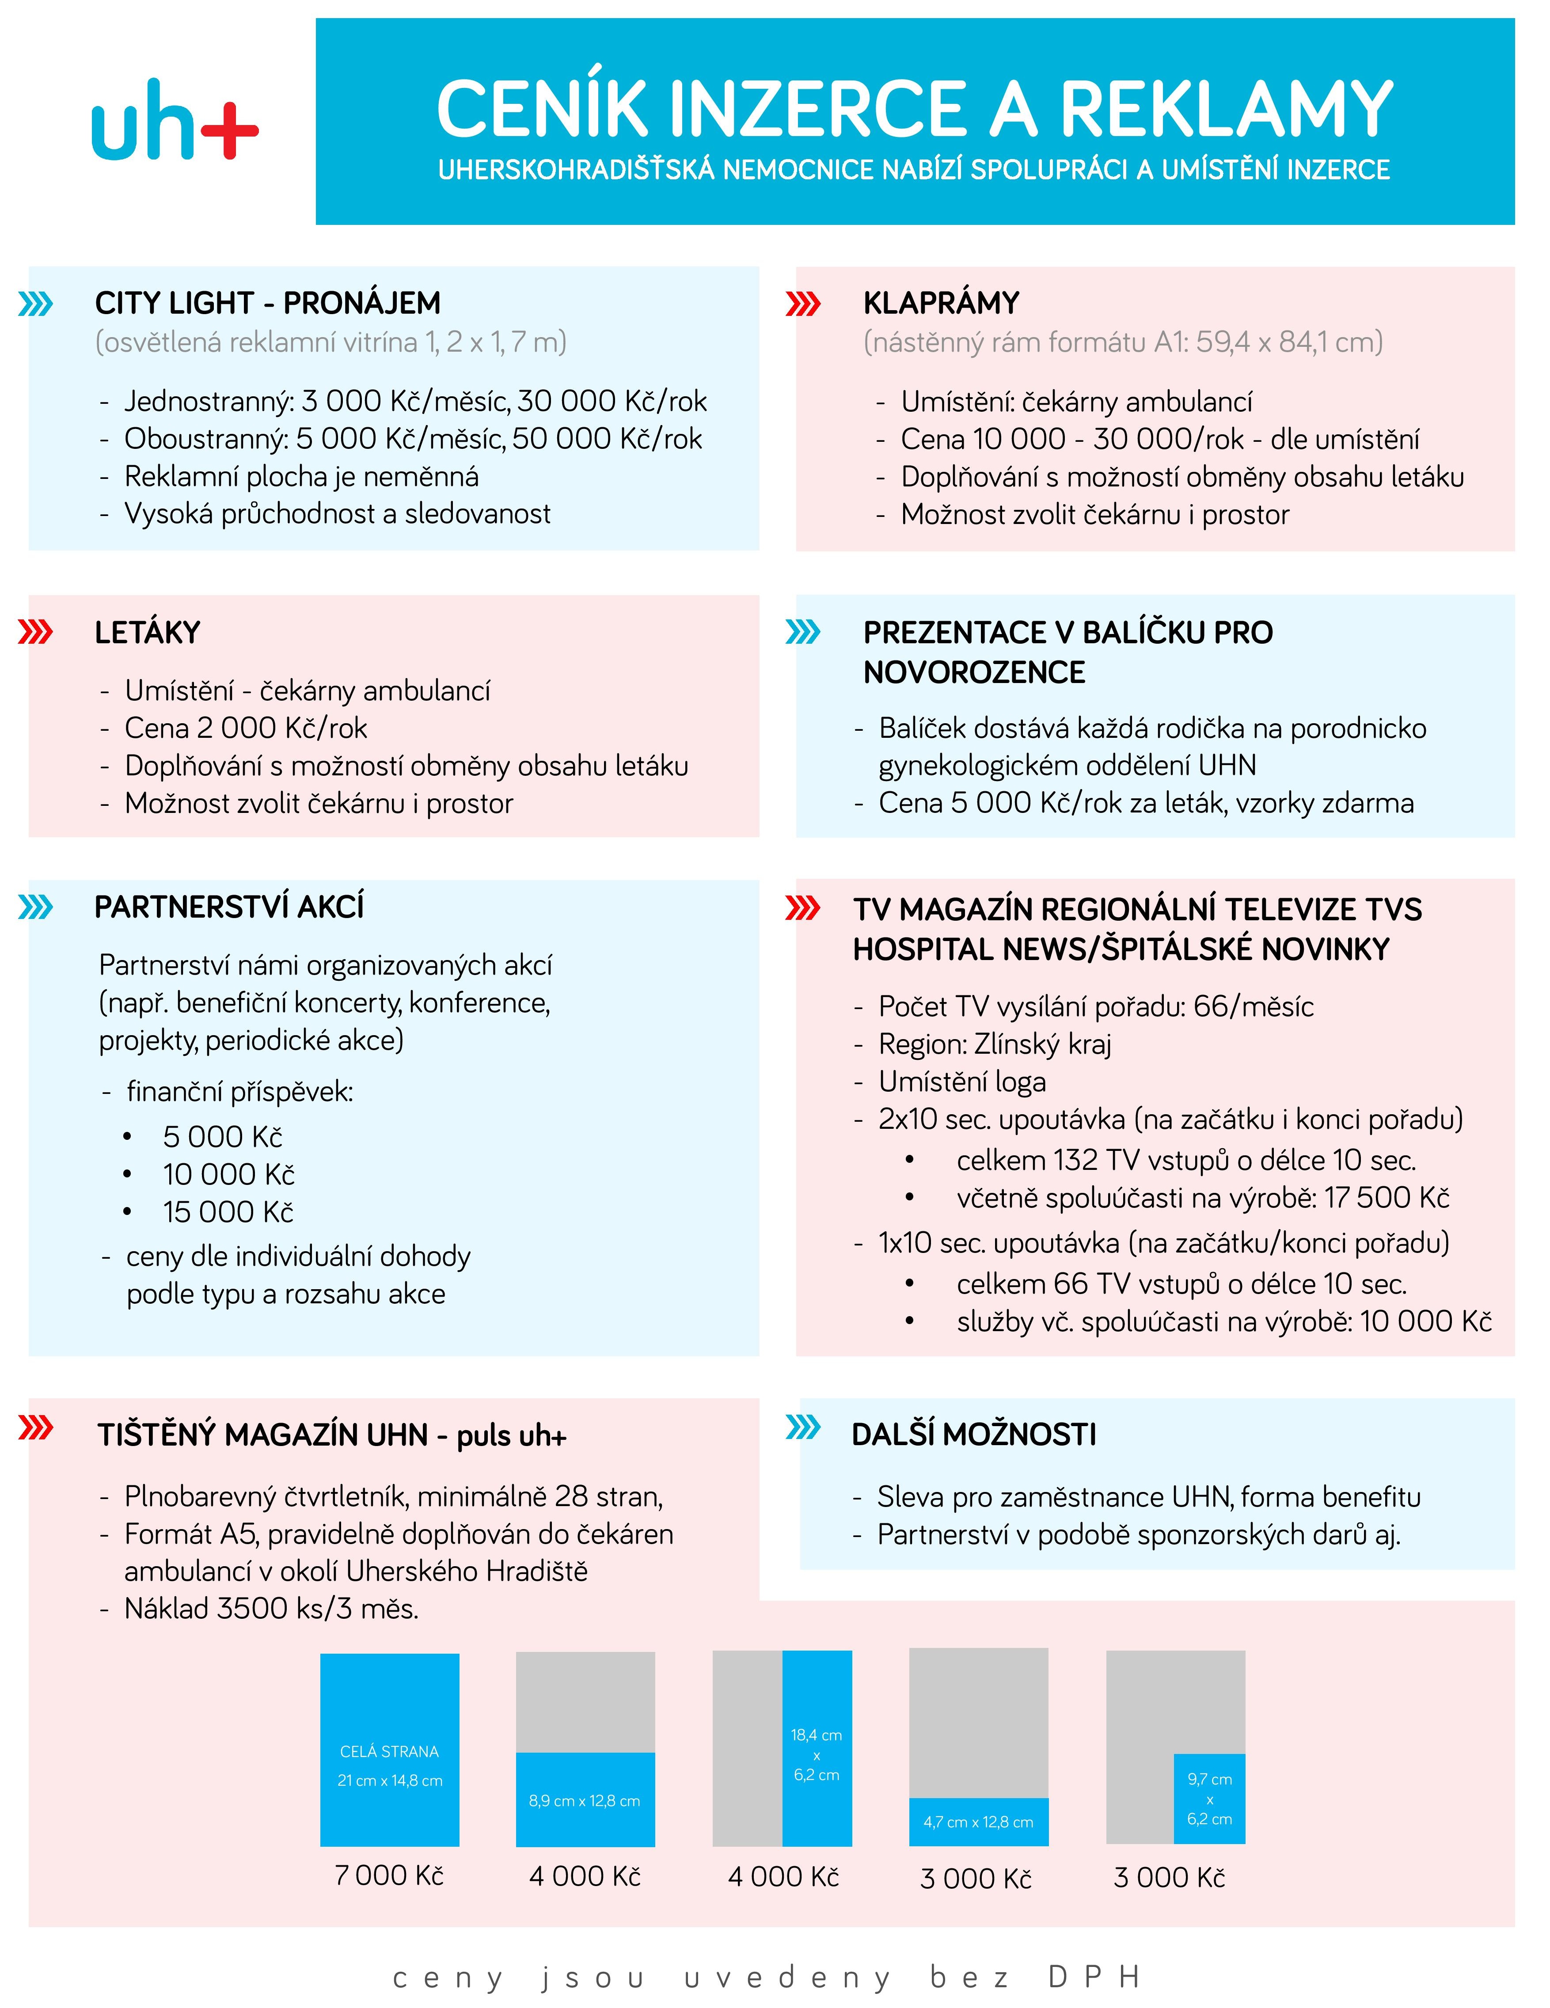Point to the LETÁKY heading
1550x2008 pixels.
pyautogui.click(x=147, y=633)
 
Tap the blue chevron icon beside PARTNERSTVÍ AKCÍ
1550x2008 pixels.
pyautogui.click(x=36, y=907)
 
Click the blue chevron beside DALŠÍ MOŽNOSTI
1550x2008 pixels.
pyautogui.click(x=802, y=1427)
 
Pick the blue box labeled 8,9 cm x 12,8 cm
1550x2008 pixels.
pyautogui.click(x=585, y=1799)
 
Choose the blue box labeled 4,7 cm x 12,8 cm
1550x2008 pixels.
pyautogui.click(x=978, y=1822)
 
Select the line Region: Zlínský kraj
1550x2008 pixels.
pyautogui.click(x=995, y=1044)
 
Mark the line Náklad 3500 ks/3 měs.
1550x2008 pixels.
pyautogui.click(x=271, y=1609)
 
